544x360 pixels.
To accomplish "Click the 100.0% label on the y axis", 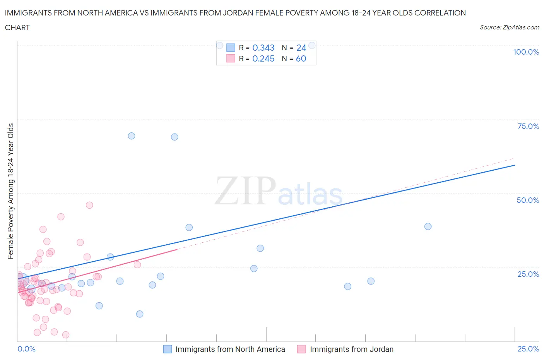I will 526,52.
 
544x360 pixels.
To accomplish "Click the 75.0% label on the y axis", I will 528,126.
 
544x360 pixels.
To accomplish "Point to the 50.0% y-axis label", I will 528,200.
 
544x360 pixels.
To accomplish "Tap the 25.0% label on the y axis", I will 528,274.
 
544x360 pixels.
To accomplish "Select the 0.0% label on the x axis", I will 26,349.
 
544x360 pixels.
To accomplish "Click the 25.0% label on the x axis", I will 528,349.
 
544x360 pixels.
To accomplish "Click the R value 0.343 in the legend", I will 263,48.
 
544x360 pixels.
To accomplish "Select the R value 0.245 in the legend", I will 263,58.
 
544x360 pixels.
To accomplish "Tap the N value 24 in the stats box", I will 301,48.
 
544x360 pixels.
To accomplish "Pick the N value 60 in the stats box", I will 301,58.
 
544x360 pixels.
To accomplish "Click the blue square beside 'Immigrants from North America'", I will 168,349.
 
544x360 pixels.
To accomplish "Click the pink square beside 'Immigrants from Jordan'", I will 301,349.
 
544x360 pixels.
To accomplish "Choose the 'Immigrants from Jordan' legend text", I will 351,349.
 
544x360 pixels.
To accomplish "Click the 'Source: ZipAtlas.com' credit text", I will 509,27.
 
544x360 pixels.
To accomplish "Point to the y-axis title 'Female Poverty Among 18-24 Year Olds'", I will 11,191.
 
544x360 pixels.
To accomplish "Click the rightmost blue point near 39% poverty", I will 428,226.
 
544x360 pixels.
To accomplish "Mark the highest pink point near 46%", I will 89,205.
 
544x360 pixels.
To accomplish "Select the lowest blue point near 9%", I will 140,314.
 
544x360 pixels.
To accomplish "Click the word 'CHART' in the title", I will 17,27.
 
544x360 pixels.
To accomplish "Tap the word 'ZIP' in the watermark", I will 245,191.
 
